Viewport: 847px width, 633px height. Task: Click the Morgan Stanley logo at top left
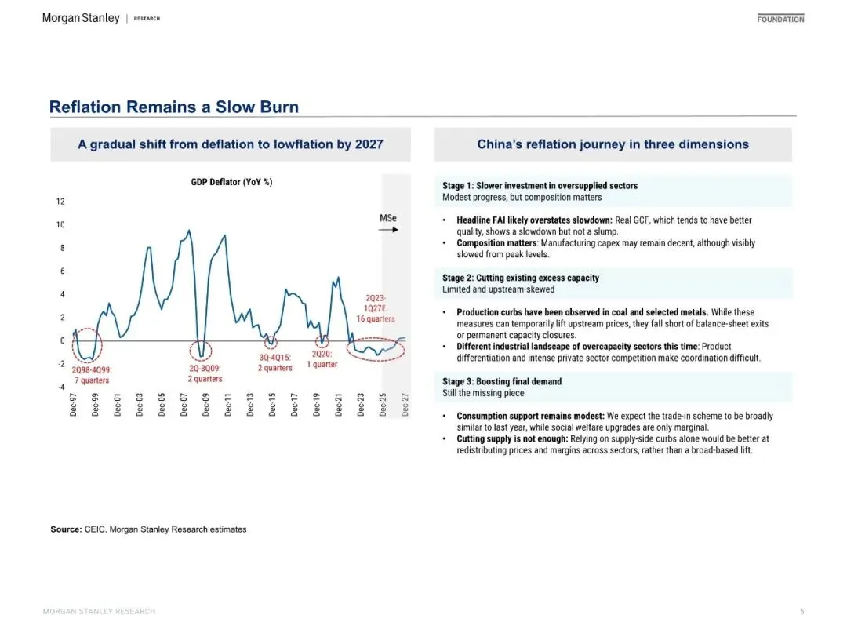pyautogui.click(x=81, y=18)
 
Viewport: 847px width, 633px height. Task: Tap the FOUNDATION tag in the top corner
pyautogui.click(x=780, y=19)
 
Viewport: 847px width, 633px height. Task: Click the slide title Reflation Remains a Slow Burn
pyautogui.click(x=173, y=107)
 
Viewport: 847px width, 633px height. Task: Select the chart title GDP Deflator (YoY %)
pyautogui.click(x=231, y=182)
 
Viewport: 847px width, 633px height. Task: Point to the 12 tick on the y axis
pyautogui.click(x=60, y=202)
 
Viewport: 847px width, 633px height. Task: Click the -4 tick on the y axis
pyautogui.click(x=60, y=387)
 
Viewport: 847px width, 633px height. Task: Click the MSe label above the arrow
pyautogui.click(x=388, y=217)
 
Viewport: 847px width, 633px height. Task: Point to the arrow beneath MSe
pyautogui.click(x=388, y=230)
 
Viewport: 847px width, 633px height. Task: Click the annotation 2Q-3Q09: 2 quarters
pyautogui.click(x=206, y=373)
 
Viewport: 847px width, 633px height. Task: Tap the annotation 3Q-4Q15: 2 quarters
pyautogui.click(x=275, y=362)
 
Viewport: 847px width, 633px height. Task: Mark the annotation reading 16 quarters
pyautogui.click(x=376, y=319)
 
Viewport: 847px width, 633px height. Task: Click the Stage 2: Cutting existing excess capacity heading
pyautogui.click(x=522, y=278)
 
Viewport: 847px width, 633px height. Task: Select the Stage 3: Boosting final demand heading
pyautogui.click(x=502, y=381)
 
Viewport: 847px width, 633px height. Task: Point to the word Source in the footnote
pyautogui.click(x=65, y=529)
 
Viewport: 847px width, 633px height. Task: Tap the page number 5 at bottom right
pyautogui.click(x=802, y=611)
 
